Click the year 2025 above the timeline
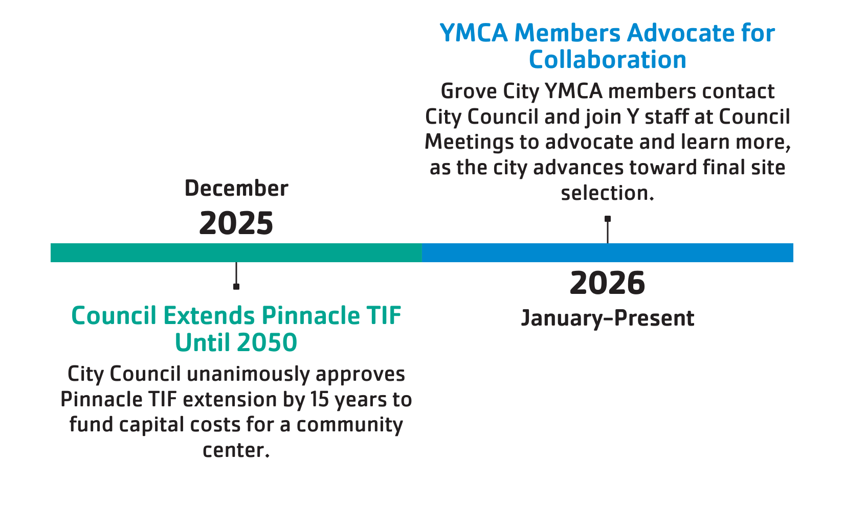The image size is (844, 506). (x=236, y=223)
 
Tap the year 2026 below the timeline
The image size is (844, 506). (x=607, y=283)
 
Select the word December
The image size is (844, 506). (x=236, y=188)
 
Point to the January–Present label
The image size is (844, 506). (x=607, y=318)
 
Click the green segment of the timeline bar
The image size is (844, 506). (x=236, y=252)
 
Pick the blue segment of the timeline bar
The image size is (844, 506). (x=607, y=252)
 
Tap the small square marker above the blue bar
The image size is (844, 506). (x=607, y=219)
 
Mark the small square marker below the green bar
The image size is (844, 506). (x=236, y=287)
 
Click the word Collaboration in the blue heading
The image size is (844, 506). (x=607, y=59)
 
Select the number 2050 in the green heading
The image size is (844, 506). (x=267, y=342)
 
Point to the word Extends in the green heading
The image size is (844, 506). (x=209, y=315)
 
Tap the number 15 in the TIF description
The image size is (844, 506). (x=320, y=400)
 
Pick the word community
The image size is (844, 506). (x=350, y=426)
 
